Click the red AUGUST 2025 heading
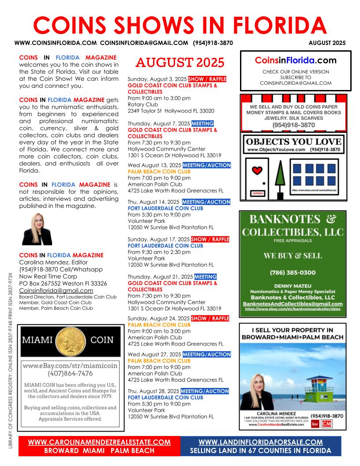[180, 63]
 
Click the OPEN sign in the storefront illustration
[257, 193]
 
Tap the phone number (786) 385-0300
[293, 272]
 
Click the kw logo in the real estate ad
[315, 424]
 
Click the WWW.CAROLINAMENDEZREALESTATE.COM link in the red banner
[99, 442]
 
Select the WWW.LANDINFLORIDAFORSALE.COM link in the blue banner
[261, 442]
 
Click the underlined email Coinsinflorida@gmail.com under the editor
[56, 290]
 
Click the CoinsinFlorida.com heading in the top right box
[296, 60]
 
